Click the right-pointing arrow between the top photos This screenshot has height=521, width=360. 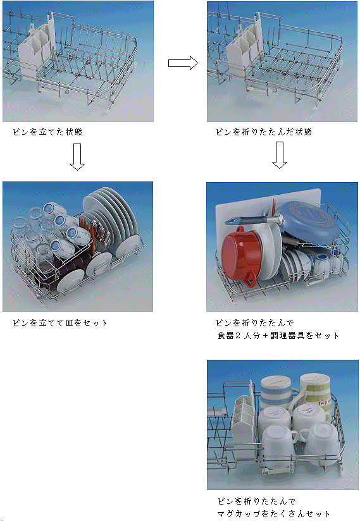point(183,63)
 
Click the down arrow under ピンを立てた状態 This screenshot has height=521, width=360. point(77,157)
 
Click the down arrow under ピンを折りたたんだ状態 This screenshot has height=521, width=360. point(280,155)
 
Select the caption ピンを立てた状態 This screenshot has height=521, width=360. point(47,132)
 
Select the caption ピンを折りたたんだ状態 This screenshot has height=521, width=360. point(264,132)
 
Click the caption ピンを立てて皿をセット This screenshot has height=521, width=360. point(60,323)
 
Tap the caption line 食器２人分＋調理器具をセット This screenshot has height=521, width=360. point(278,336)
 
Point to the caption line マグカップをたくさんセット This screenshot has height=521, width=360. point(273,513)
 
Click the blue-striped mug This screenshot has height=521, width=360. point(276,392)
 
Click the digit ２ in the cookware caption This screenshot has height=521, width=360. point(238,336)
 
